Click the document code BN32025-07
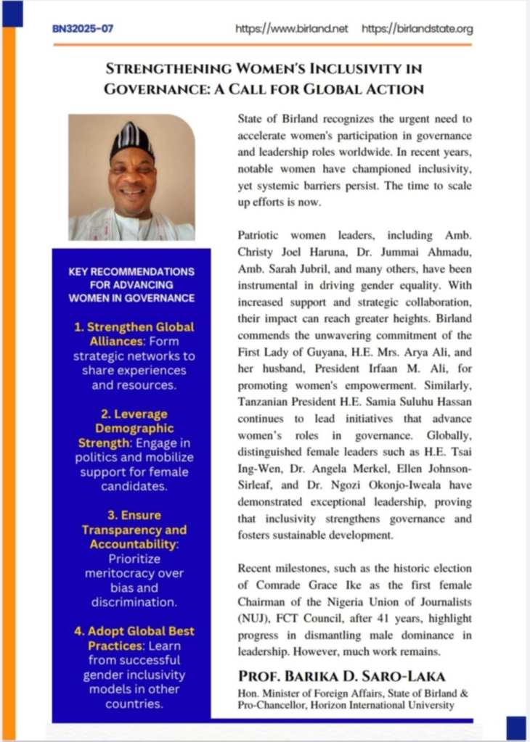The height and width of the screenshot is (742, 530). coord(83,29)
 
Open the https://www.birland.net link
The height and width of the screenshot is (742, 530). coord(292,29)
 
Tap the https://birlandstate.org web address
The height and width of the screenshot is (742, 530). coord(417,29)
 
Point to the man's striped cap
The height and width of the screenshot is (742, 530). coord(131,138)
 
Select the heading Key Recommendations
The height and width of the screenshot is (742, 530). coord(131,271)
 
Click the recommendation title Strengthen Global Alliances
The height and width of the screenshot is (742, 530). coord(135,334)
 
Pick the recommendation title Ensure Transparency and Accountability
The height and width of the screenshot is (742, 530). coord(134,529)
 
